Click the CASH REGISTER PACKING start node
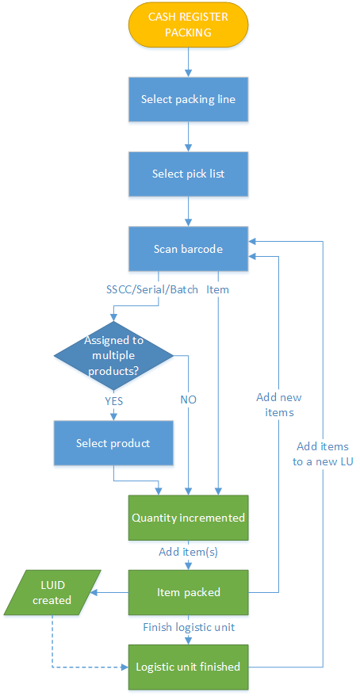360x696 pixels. (188, 24)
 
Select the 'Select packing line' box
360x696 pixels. (188, 99)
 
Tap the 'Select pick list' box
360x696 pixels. (188, 174)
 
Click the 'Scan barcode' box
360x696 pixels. (188, 249)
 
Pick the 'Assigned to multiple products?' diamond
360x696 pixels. (113, 356)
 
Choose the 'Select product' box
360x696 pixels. (113, 443)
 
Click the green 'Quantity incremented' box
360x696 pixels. (188, 518)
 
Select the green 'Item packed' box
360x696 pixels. (188, 592)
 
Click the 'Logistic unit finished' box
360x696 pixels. (188, 667)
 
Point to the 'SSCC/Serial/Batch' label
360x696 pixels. (152, 290)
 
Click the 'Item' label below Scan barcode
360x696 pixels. (217, 290)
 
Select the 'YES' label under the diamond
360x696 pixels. (113, 401)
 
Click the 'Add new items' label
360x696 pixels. (279, 404)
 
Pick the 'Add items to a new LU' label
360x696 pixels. (323, 454)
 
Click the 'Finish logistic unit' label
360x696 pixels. (188, 628)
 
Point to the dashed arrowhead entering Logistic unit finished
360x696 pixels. (125, 667)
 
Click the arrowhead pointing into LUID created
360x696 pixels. (93, 592)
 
